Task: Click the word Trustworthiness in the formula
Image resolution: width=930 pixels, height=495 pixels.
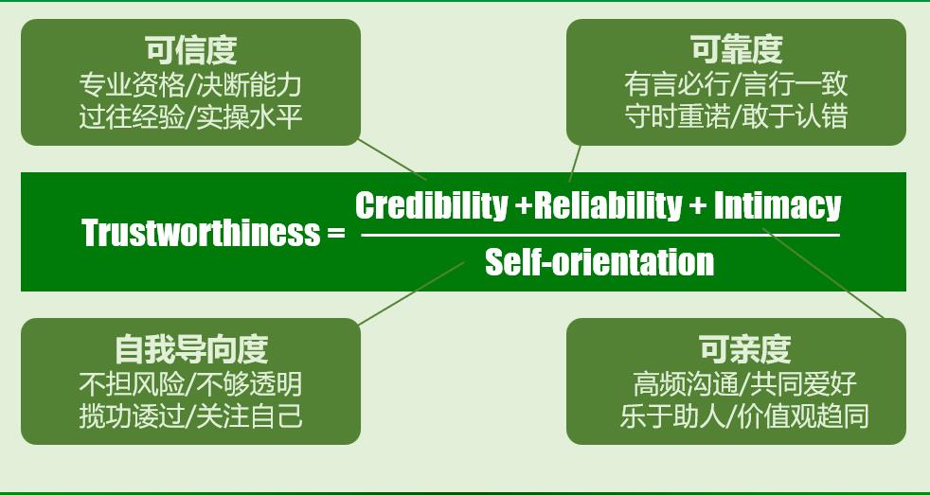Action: [201, 233]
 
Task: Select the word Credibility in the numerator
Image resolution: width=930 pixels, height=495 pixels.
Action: [431, 204]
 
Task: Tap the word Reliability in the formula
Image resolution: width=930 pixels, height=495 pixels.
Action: [607, 204]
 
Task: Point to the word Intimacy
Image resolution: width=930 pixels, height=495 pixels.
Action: [777, 204]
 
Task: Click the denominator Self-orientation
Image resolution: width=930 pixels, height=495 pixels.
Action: [599, 261]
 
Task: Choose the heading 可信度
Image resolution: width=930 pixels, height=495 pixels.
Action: [190, 49]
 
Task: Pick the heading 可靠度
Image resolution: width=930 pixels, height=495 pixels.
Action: [736, 49]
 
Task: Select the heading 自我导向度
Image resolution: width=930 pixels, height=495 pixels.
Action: [190, 349]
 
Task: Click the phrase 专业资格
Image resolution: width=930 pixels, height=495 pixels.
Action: [133, 85]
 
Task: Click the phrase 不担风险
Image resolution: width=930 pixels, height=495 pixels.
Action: [133, 384]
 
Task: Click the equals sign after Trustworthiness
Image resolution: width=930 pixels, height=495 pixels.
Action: [335, 234]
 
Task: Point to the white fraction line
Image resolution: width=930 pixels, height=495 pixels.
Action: [599, 234]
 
